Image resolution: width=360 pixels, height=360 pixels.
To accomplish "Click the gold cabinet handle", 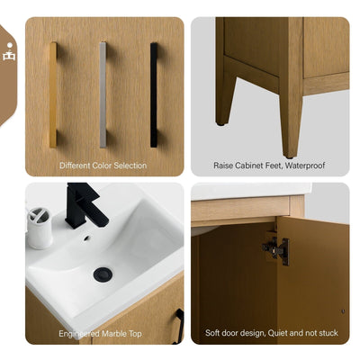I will click(x=52, y=94).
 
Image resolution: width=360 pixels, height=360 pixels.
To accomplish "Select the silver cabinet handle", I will click(x=103, y=94).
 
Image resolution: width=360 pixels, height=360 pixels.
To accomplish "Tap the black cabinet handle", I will click(x=154, y=94).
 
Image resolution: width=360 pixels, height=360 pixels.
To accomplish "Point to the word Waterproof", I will click(x=301, y=166).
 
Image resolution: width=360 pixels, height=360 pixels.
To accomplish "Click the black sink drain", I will click(x=103, y=274).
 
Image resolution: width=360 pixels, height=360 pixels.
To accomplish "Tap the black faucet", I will click(x=85, y=205).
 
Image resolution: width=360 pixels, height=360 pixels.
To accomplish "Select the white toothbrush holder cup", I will click(x=40, y=229).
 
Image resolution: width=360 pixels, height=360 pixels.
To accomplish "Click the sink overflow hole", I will click(x=88, y=238).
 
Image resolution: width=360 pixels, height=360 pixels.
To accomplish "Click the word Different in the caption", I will click(x=77, y=166).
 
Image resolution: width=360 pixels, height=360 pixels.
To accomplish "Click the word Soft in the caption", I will click(x=213, y=332).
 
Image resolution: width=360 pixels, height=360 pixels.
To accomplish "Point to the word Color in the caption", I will click(x=105, y=166).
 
